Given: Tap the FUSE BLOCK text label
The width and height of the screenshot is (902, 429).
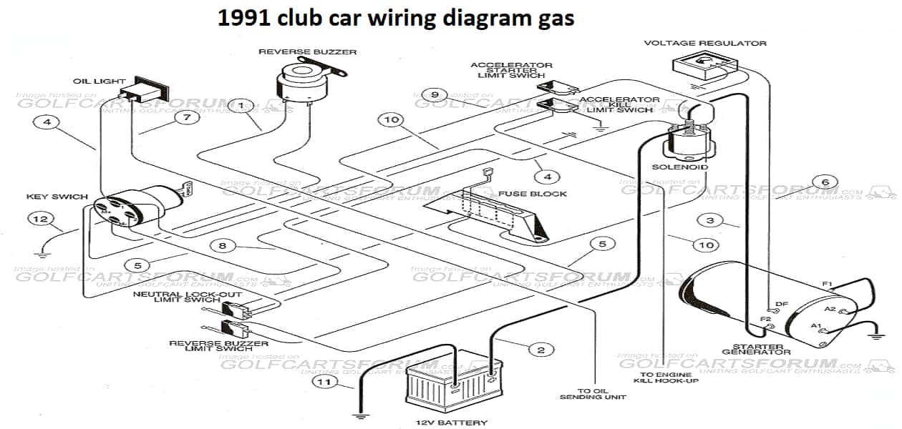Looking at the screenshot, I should coord(533,194).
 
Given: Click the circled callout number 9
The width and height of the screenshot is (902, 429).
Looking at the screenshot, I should coord(434,94).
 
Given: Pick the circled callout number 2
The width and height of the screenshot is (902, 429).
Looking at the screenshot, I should coord(541,349).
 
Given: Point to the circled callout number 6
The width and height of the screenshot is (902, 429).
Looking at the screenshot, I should coord(825,182).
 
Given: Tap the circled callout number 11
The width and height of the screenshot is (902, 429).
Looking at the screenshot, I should coord(326,383).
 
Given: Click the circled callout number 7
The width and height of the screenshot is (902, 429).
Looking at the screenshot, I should coord(187,118).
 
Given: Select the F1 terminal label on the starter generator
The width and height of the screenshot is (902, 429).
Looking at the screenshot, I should coord(827,285).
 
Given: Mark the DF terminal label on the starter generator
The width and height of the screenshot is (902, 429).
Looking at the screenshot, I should coord(782,304).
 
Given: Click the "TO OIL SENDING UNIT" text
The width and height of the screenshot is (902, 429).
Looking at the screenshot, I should coord(592,395).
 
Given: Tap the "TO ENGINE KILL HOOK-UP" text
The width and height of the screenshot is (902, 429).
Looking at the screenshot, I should coord(666,378).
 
